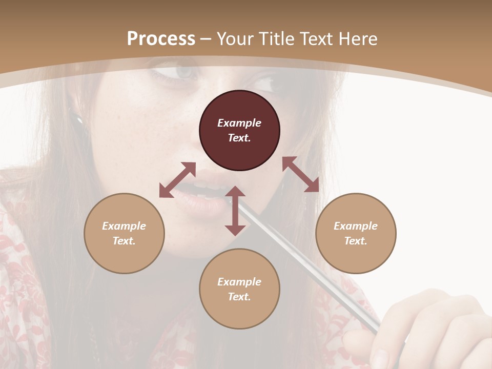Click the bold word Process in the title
pos(161,39)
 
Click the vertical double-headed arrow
pos(235,211)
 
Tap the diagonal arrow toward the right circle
pos(300,174)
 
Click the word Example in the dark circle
pos(239,123)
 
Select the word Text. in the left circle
pos(124,241)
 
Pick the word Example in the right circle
pos(356,226)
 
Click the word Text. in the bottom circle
pos(239,297)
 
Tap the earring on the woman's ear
pos(80,119)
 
